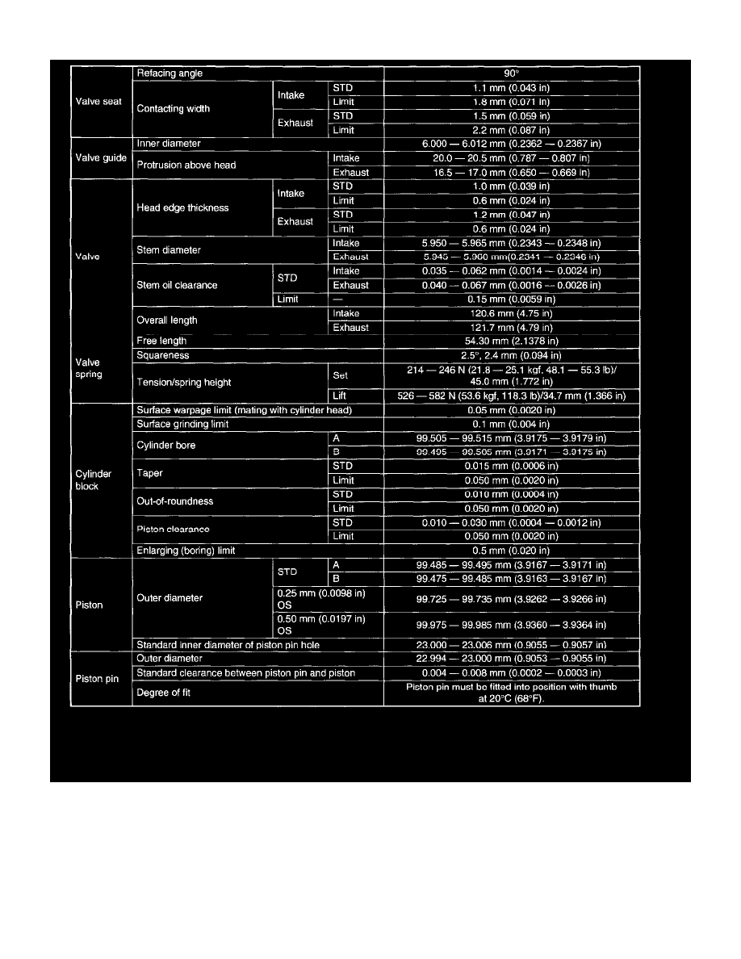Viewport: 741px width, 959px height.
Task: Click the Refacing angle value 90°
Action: pyautogui.click(x=512, y=73)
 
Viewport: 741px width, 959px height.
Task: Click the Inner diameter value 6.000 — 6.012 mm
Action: pyautogui.click(x=512, y=144)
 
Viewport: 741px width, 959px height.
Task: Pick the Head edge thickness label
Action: pyautogui.click(x=183, y=207)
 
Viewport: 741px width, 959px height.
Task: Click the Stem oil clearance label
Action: pyautogui.click(x=178, y=285)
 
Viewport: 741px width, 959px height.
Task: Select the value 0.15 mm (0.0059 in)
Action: pyautogui.click(x=512, y=299)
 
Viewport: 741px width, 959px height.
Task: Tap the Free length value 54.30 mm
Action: pyautogui.click(x=512, y=341)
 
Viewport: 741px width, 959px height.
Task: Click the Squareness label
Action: pyautogui.click(x=163, y=355)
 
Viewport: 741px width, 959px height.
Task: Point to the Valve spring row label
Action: pyautogui.click(x=89, y=368)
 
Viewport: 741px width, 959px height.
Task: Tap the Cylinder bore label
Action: pyautogui.click(x=166, y=445)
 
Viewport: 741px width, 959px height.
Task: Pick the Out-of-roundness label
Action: pyautogui.click(x=175, y=501)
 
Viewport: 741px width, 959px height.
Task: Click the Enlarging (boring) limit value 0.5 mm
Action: pyautogui.click(x=512, y=551)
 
